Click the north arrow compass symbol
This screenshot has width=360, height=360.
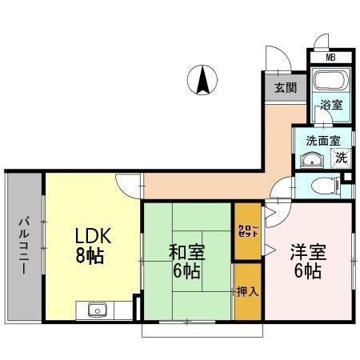coord(203,81)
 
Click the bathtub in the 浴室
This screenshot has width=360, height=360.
coord(328,82)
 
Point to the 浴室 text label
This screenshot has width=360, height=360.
coord(330,104)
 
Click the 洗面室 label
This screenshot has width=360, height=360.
coord(322,140)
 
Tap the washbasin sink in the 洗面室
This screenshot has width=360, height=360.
coord(310,158)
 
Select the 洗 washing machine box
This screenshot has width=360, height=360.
coord(341,158)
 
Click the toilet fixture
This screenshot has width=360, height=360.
coord(323,186)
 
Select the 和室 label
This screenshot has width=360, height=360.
coord(186,253)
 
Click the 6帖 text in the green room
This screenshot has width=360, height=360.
coord(186,272)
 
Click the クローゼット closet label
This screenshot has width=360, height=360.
coord(246,232)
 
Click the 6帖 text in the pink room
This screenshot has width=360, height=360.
coord(307,272)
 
